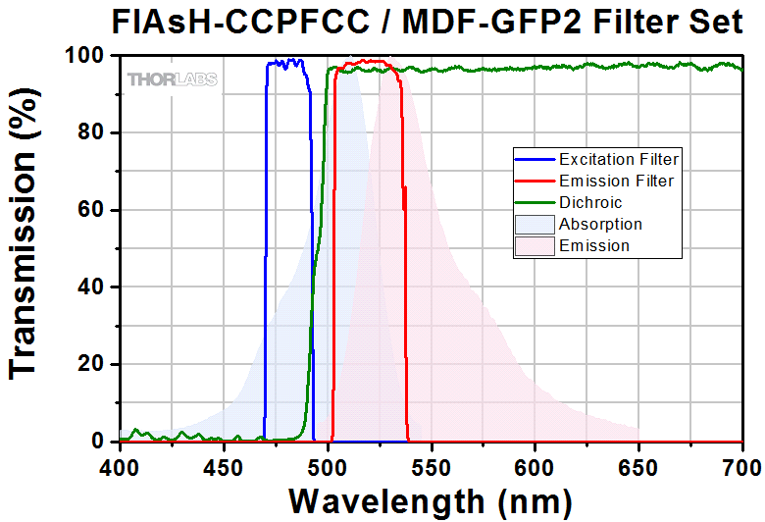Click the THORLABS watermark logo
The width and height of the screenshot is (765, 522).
(x=172, y=78)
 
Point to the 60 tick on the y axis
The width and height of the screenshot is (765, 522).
(x=92, y=210)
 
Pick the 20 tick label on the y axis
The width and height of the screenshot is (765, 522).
(x=92, y=364)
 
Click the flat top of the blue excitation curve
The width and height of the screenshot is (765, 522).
(x=286, y=63)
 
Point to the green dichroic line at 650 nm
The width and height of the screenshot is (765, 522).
(x=638, y=66)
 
